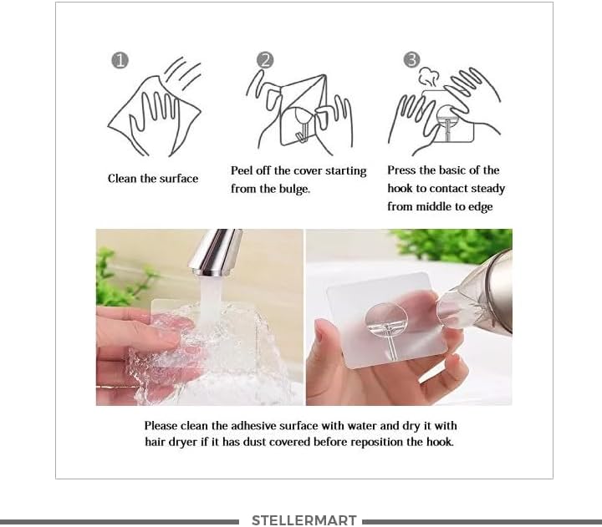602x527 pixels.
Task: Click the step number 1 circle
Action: (120, 61)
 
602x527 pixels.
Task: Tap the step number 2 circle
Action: (266, 60)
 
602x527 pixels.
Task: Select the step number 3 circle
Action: (411, 60)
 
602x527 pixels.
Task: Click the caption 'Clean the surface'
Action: (153, 179)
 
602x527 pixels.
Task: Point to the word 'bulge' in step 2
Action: (292, 190)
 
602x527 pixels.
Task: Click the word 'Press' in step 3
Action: (402, 170)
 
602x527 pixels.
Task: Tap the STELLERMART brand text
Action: (304, 520)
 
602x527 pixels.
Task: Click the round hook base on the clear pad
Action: (385, 317)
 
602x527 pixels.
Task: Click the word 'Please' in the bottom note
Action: (161, 426)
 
